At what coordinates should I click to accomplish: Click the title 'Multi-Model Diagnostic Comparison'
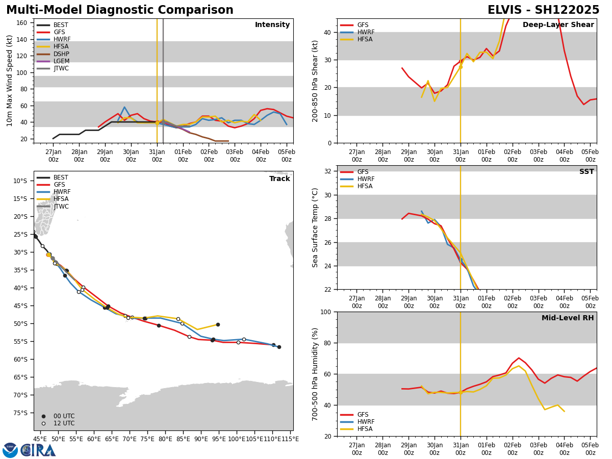click(x=120, y=10)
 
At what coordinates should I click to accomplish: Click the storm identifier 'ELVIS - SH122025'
click(x=543, y=10)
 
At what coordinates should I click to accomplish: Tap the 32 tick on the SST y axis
click(x=328, y=171)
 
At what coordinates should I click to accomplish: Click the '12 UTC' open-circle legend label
click(x=64, y=423)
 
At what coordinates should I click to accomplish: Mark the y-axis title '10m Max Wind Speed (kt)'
click(x=10, y=81)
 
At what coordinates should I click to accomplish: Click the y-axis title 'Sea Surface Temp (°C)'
click(x=315, y=227)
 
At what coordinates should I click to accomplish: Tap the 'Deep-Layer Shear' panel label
click(x=558, y=25)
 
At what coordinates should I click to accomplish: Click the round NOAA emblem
click(x=10, y=450)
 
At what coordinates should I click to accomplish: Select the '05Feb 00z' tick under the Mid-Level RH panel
click(x=590, y=449)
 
